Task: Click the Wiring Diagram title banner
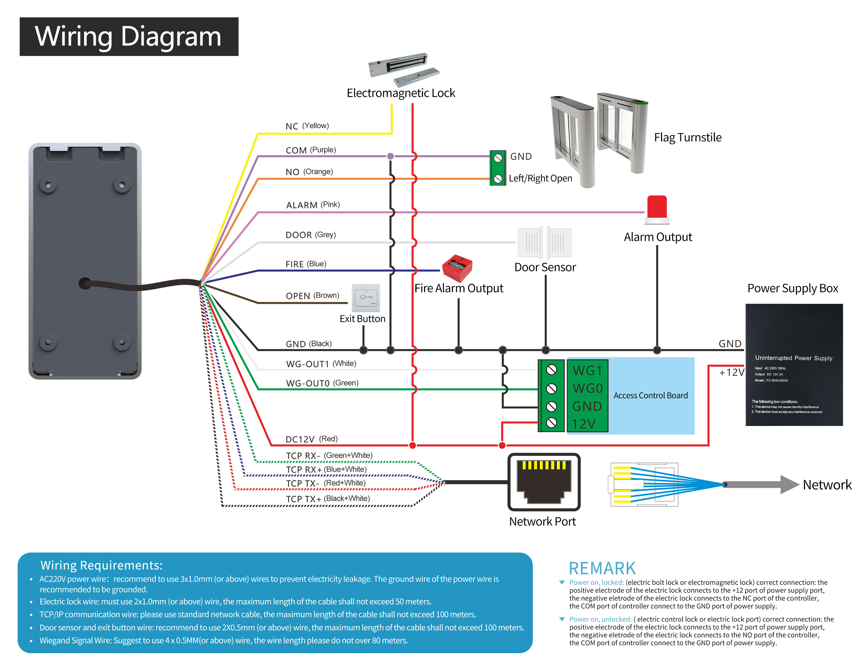coord(129,37)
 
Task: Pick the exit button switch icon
coord(366,298)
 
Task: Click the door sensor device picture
coord(545,242)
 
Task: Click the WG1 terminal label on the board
coord(587,371)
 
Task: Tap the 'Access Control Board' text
coord(650,395)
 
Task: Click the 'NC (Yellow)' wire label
coord(307,126)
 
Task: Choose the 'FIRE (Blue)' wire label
coord(306,264)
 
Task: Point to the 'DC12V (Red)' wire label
coord(311,439)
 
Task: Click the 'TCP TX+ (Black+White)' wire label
coord(328,498)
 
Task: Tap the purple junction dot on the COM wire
coord(391,156)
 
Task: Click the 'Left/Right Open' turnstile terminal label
coord(540,178)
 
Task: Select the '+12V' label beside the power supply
coord(731,372)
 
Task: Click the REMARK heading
coord(602,568)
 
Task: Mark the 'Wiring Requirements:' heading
coord(102,565)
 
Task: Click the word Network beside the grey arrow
coord(827,485)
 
